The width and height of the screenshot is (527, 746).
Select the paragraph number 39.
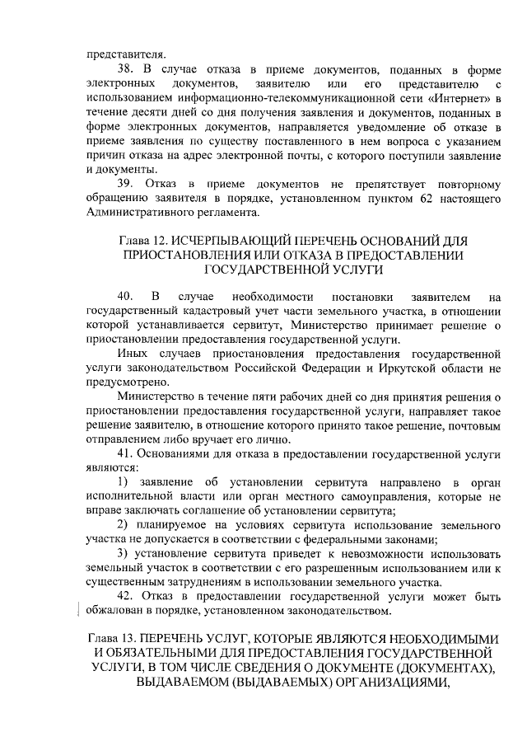(x=127, y=181)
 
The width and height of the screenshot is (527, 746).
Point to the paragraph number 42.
(x=127, y=594)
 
